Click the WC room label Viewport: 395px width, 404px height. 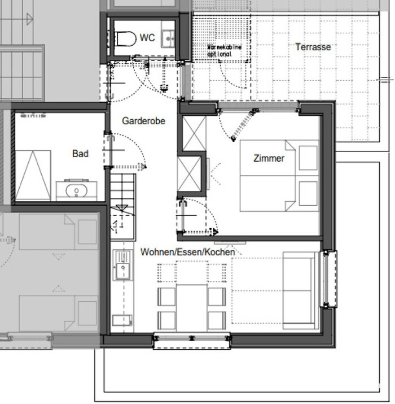pyautogui.click(x=147, y=38)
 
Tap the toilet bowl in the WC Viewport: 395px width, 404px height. pyautogui.click(x=125, y=38)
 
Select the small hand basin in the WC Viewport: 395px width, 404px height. pyautogui.click(x=168, y=38)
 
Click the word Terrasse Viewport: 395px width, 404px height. pyautogui.click(x=313, y=47)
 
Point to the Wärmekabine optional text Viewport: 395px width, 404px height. pyautogui.click(x=225, y=50)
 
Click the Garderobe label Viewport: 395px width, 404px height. pyautogui.click(x=143, y=121)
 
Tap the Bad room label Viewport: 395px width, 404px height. pyautogui.click(x=80, y=154)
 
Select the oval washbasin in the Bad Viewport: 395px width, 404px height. pyautogui.click(x=76, y=190)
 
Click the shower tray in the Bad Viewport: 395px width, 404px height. pyautogui.click(x=33, y=175)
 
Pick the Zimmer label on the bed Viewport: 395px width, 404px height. pyautogui.click(x=269, y=158)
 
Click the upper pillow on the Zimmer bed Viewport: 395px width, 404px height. pyautogui.click(x=308, y=158)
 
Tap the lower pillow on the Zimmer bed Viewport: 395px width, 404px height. pyautogui.click(x=308, y=193)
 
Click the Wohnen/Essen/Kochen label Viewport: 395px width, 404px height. pyautogui.click(x=187, y=252)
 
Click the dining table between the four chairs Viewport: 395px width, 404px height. pyautogui.click(x=192, y=308)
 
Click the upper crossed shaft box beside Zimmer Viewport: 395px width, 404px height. pyautogui.click(x=194, y=133)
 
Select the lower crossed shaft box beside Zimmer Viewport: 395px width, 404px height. pyautogui.click(x=189, y=174)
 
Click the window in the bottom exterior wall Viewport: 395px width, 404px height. pyautogui.click(x=192, y=340)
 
